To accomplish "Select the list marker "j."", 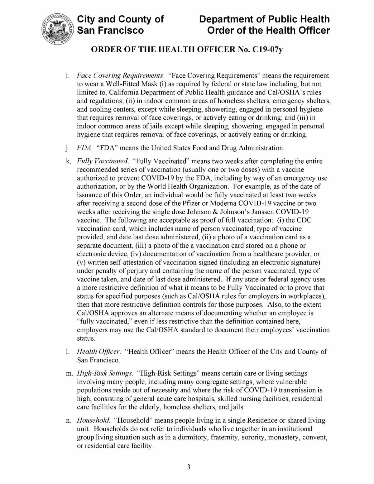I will pyautogui.click(x=67, y=148).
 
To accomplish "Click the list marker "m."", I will pyautogui.click(x=69, y=373).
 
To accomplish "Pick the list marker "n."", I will pyautogui.click(x=68, y=420).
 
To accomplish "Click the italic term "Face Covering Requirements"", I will pyautogui.click(x=121, y=76).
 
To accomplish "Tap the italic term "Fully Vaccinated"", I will pyautogui.click(x=103, y=161).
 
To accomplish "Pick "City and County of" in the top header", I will pyautogui.click(x=120, y=19).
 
